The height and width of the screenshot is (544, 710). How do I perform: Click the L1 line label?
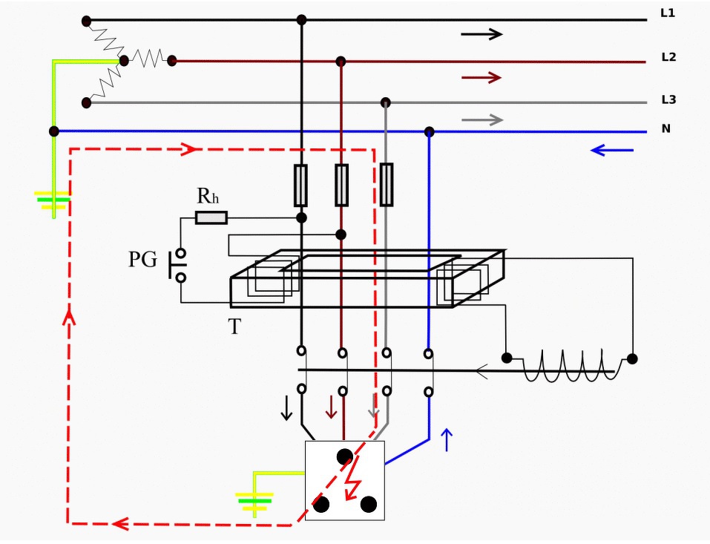[x=668, y=13]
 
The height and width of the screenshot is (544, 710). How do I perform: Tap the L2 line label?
[x=668, y=57]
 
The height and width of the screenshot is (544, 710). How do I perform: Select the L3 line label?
[x=668, y=99]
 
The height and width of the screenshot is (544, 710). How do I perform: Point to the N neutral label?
[x=665, y=128]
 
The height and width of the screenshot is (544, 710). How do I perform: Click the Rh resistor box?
[x=211, y=218]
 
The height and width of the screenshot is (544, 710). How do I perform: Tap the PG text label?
[x=143, y=260]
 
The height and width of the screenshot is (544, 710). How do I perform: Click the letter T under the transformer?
[x=234, y=326]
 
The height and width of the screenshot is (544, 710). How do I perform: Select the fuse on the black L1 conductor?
[x=300, y=186]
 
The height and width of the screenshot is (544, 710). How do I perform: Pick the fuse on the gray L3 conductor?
[x=387, y=185]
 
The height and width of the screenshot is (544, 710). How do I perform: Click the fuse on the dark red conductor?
[x=341, y=186]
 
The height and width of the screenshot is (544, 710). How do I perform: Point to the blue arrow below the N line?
[x=612, y=150]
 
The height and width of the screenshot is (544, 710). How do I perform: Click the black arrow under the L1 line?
[x=481, y=34]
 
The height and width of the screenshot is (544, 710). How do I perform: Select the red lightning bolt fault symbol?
[x=353, y=478]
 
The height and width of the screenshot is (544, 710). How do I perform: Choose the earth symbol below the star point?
[x=53, y=200]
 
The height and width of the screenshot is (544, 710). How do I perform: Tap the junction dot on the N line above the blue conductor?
[x=430, y=132]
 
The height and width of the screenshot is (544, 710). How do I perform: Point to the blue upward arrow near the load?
[x=447, y=440]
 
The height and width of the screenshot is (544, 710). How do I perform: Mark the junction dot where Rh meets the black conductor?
[x=301, y=218]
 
